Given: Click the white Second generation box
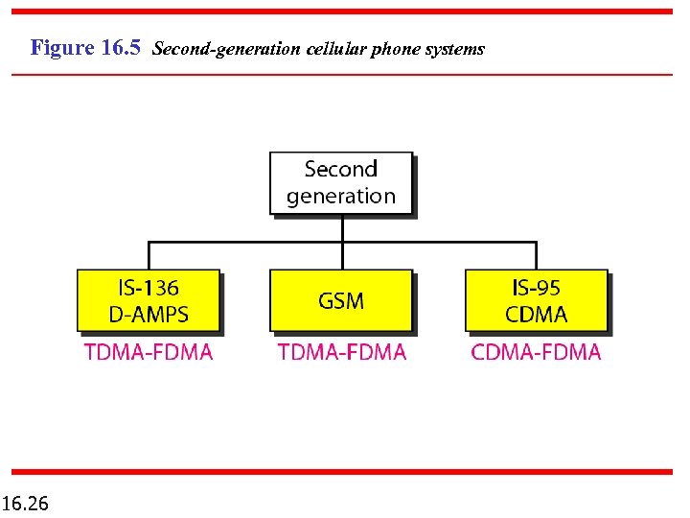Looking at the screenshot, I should (x=341, y=182).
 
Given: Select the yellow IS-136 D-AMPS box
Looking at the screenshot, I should (x=149, y=300).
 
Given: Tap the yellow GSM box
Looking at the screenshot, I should (x=341, y=300).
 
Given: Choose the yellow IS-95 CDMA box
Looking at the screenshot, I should (x=537, y=300).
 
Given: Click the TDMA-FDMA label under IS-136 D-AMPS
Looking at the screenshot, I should (x=149, y=352).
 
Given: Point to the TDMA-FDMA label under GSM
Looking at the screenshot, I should (x=342, y=352).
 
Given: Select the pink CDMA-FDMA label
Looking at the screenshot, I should (x=537, y=352).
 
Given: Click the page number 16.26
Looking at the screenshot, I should (x=26, y=503).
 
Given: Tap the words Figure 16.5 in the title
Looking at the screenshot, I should (x=86, y=47).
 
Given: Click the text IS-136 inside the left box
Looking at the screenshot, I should (x=149, y=287).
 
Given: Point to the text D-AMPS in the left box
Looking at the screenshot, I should (x=149, y=314).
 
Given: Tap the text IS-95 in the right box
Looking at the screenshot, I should (x=537, y=287).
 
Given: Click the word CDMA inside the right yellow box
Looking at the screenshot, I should (x=537, y=314).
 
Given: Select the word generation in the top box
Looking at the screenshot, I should (x=341, y=197).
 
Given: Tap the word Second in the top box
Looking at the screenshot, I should (x=341, y=170).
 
